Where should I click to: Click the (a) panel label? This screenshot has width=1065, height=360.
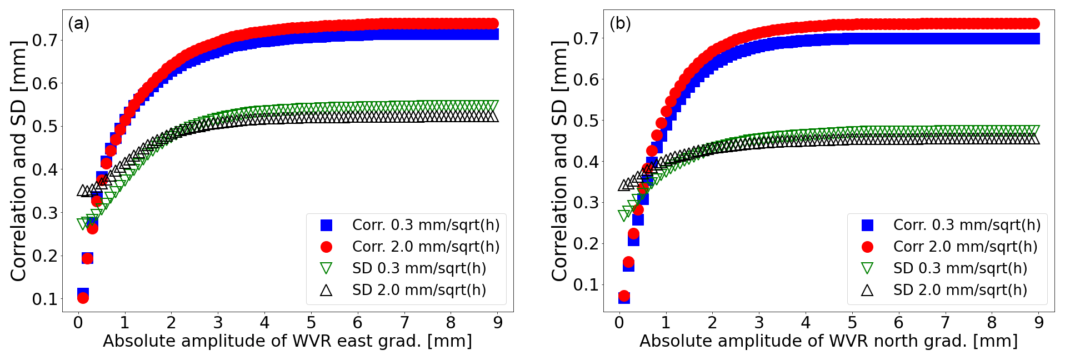pos(78,24)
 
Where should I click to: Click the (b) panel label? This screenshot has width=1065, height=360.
pos(620,24)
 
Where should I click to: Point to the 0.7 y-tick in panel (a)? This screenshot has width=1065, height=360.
pos(45,40)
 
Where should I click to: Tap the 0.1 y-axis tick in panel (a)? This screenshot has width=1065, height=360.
pos(45,299)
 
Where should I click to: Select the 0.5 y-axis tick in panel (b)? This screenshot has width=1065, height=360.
pos(586,121)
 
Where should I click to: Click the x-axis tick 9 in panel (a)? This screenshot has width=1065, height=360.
pos(498,323)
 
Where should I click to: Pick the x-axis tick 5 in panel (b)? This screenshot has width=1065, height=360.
pos(852,323)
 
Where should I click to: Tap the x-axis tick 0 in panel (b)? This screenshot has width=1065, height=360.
pos(619,323)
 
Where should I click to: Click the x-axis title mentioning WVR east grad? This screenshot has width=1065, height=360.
pos(287,341)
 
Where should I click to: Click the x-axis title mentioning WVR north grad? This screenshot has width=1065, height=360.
pos(828,341)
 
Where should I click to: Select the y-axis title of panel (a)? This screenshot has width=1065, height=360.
pos(19,161)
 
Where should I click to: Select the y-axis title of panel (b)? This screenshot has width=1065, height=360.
pos(560,161)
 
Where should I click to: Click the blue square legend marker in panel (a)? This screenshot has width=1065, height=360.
pos(326,225)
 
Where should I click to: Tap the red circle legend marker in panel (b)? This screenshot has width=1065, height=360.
pos(867,247)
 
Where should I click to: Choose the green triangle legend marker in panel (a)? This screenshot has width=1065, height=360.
pos(326,268)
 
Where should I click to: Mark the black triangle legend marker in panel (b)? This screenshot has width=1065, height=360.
pos(867,290)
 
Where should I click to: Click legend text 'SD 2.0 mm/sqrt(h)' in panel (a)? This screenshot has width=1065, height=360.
pos(419,290)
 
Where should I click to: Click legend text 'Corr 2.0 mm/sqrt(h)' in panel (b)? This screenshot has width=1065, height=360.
pos(965,247)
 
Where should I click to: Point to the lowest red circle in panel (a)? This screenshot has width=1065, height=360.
pos(83,298)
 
